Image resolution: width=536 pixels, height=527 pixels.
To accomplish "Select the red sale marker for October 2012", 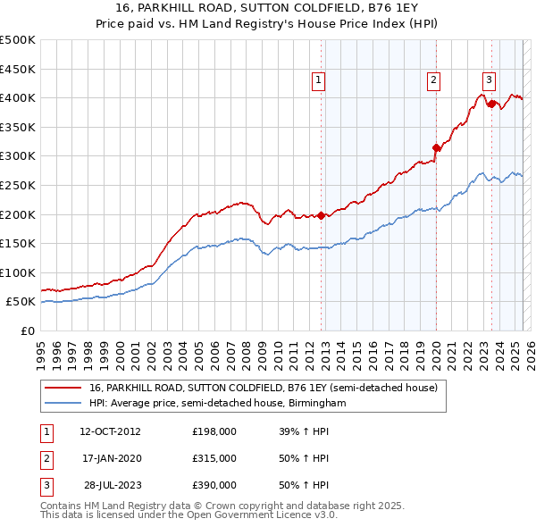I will pyautogui.click(x=321, y=214).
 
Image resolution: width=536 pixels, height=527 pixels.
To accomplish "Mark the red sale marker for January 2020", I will pyautogui.click(x=436, y=147).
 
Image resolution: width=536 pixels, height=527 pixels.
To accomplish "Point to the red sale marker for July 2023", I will pyautogui.click(x=491, y=104).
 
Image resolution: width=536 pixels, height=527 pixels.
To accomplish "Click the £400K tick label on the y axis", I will pyautogui.click(x=18, y=97).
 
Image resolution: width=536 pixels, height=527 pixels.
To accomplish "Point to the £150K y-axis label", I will pyautogui.click(x=18, y=243).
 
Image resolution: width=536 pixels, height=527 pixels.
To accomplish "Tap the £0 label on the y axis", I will pyautogui.click(x=28, y=330).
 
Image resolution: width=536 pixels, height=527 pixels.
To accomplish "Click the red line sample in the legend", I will pyautogui.click(x=63, y=389).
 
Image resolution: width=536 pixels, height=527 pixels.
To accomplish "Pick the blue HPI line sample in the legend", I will pyautogui.click(x=63, y=404).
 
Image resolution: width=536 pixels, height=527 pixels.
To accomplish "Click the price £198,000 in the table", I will pyautogui.click(x=214, y=431).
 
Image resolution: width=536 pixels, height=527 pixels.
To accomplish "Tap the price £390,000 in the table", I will pyautogui.click(x=214, y=485).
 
